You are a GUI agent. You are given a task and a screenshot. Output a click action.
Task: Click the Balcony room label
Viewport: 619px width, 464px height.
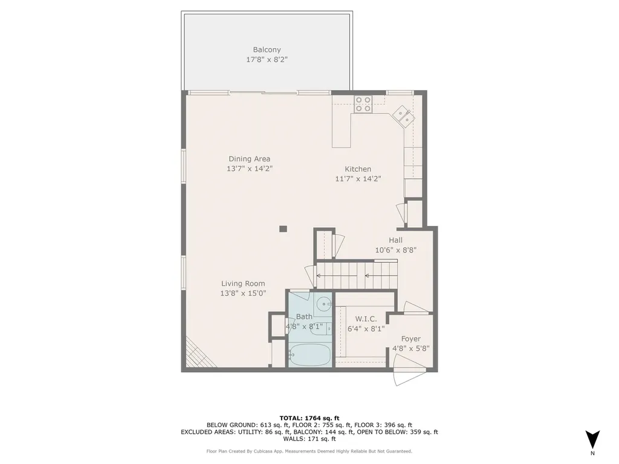tap(267, 50)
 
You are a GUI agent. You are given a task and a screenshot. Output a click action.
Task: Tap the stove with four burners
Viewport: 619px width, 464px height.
tap(363, 105)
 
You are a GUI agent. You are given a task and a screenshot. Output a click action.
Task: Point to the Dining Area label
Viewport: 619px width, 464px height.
tap(249, 159)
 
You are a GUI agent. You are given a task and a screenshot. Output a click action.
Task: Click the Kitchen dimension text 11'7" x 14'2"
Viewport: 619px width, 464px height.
tap(358, 179)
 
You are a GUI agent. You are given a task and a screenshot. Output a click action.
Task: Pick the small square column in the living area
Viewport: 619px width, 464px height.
tap(282, 228)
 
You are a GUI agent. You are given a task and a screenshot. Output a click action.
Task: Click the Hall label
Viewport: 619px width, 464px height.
tap(395, 240)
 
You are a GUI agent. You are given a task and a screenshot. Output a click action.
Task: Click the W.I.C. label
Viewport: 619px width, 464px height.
tap(366, 318)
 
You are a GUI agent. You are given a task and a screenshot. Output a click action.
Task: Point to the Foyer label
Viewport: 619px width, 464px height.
tap(410, 339)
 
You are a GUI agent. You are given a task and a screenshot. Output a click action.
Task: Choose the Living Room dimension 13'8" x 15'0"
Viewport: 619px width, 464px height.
tap(242, 293)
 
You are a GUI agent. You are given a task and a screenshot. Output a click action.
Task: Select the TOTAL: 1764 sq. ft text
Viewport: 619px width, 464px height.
tap(309, 417)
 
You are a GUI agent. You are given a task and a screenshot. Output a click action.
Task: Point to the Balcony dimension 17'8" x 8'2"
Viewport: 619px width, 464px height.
tap(267, 60)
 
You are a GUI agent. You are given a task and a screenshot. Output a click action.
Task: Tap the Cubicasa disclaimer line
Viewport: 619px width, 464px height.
tap(309, 451)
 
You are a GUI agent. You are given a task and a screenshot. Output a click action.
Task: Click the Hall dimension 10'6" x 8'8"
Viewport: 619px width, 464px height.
tap(395, 250)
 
